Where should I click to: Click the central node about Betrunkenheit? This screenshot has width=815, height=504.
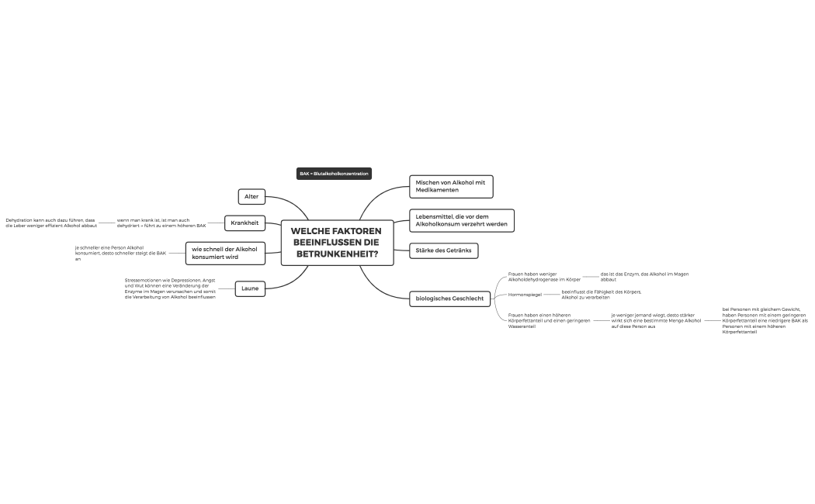click(x=337, y=243)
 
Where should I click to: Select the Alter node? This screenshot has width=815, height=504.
click(x=251, y=197)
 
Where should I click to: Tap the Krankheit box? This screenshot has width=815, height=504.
click(x=244, y=223)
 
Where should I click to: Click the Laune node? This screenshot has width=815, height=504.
click(x=250, y=288)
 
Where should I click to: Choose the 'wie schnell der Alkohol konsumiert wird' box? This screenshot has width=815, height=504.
click(x=225, y=253)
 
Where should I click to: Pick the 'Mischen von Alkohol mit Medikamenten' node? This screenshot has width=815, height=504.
click(x=451, y=186)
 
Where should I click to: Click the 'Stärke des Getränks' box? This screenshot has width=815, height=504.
click(x=443, y=250)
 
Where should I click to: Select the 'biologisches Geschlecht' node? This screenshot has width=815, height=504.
click(x=450, y=299)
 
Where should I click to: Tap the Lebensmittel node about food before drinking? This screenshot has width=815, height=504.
click(x=461, y=220)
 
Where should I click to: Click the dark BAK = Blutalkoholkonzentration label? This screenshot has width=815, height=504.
click(x=334, y=174)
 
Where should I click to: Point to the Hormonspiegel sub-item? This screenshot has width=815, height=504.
click(x=525, y=295)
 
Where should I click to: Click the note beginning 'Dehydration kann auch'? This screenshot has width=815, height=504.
click(x=51, y=223)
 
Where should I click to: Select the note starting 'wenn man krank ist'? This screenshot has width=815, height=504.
click(x=161, y=223)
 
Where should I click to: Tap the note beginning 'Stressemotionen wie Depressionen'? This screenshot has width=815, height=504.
click(x=171, y=288)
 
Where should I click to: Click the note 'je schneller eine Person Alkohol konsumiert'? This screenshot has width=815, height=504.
click(x=120, y=253)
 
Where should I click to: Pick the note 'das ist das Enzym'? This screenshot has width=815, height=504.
click(x=644, y=276)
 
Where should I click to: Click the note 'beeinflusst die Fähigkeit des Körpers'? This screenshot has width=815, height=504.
click(x=602, y=295)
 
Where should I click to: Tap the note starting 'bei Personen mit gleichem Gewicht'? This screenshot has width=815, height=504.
click(x=765, y=320)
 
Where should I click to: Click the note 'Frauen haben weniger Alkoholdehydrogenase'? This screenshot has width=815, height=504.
click(x=544, y=276)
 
